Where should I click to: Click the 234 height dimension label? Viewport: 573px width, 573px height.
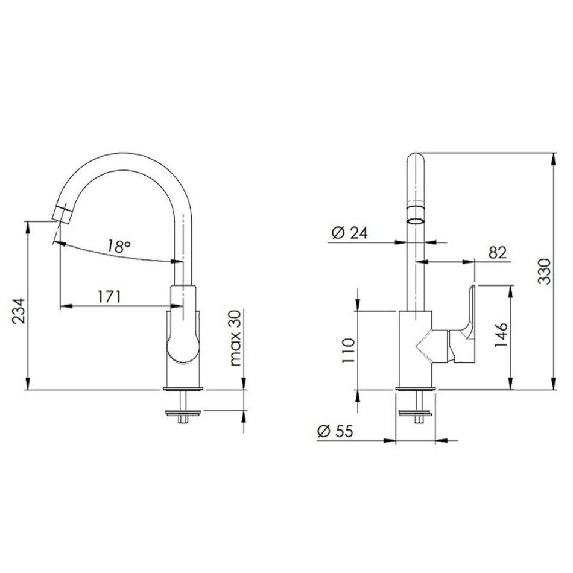click(18, 311)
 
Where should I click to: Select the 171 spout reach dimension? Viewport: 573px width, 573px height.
click(109, 296)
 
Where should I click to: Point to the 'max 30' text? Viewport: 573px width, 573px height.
click(236, 338)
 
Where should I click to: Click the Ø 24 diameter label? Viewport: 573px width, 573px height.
click(349, 233)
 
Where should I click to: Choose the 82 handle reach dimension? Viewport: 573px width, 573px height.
click(498, 253)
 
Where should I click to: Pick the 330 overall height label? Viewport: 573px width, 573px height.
click(544, 271)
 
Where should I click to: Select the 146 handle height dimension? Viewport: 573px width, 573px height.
click(501, 335)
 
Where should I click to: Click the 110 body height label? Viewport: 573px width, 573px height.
click(348, 350)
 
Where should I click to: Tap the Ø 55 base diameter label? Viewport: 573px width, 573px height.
click(335, 431)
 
